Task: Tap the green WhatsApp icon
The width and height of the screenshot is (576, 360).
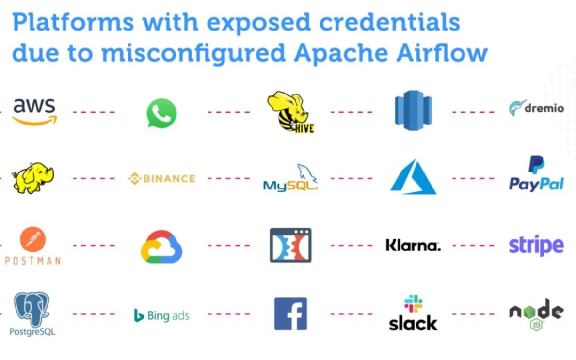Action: [x=161, y=113]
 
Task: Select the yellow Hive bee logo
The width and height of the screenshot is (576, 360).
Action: [x=291, y=112]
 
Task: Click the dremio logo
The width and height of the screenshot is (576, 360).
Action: [x=536, y=108]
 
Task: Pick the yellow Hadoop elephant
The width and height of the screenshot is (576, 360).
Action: [x=32, y=178]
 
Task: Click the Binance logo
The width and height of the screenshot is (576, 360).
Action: [x=161, y=179]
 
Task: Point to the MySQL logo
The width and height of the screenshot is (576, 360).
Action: [x=290, y=178]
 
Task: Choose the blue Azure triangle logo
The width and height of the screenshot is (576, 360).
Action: [x=413, y=177]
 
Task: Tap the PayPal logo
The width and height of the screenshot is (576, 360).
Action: [x=536, y=173]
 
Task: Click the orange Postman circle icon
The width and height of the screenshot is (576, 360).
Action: [x=32, y=239]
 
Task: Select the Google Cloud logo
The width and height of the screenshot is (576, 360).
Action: [x=161, y=247]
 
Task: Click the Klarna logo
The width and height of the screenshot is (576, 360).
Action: [x=413, y=245]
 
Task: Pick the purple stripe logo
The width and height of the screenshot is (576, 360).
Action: [x=536, y=245]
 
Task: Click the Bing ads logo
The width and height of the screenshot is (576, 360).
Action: [x=161, y=315]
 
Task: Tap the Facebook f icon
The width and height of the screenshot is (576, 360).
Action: [x=290, y=314]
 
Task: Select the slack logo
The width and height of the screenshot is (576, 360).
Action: [x=413, y=313]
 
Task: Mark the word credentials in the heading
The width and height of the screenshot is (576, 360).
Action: [x=389, y=22]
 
